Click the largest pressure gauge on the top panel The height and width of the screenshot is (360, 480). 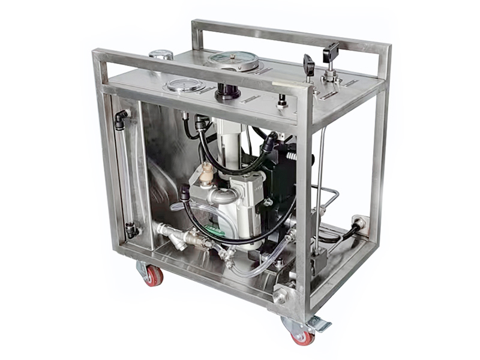pyautogui.click(x=233, y=60)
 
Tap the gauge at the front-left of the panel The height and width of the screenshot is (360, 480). pyautogui.click(x=185, y=85)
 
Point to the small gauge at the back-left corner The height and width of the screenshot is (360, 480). pyautogui.click(x=161, y=55)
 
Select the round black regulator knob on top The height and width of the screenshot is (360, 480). pyautogui.click(x=228, y=91)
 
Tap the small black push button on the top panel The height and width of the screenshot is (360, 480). pyautogui.click(x=280, y=101)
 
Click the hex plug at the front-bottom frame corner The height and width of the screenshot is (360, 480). pyautogui.click(x=281, y=295)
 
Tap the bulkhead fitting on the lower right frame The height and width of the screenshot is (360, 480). pyautogui.click(x=358, y=223)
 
